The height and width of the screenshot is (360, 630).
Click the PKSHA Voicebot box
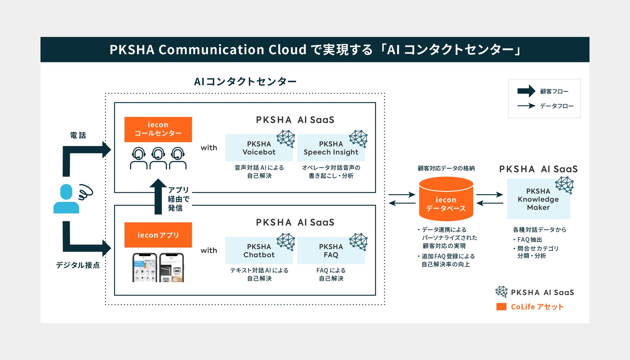(259, 148)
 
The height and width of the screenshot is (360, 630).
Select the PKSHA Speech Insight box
(331, 148)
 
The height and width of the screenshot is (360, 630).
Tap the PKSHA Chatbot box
(259, 251)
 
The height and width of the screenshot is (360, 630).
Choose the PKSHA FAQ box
(331, 251)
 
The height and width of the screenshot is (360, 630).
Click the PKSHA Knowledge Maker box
(538, 199)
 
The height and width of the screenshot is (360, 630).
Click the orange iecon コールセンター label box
(158, 129)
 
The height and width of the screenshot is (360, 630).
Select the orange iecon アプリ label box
(158, 235)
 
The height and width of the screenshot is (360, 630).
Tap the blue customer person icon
(66, 199)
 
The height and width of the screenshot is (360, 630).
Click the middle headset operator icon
(158, 158)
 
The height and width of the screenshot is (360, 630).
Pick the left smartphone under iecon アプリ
(145, 268)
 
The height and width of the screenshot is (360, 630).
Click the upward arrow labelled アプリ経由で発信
(158, 197)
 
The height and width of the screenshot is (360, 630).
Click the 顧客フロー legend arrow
(526, 91)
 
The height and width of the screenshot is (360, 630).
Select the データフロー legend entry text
(557, 106)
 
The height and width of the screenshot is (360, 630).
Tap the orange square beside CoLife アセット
(501, 306)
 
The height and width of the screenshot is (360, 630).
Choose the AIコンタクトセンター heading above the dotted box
(245, 81)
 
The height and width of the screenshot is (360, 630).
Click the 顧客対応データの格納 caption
(446, 168)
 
